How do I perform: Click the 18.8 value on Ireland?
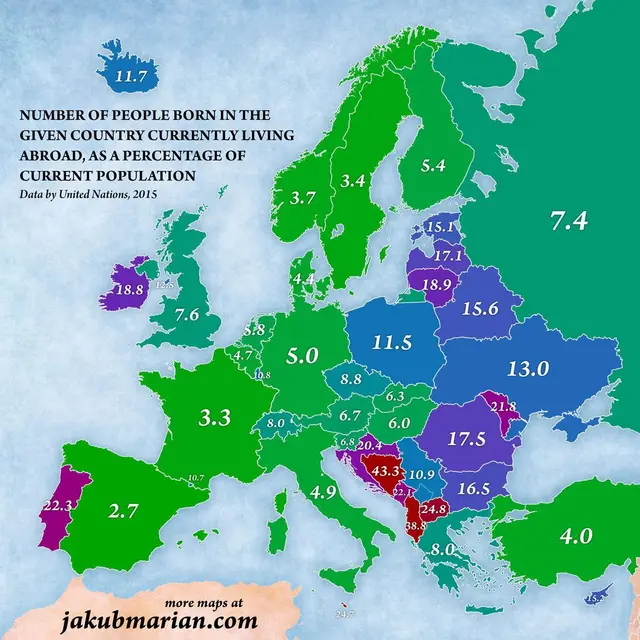[131, 288]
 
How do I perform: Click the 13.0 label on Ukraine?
[528, 368]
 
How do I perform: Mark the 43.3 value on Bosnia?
[380, 470]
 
